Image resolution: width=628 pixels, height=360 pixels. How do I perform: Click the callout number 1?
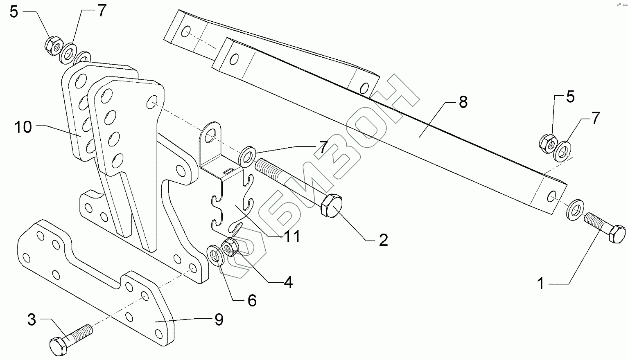[541, 283]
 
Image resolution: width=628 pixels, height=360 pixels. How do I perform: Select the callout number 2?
[383, 240]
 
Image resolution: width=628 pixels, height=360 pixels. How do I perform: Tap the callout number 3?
[32, 319]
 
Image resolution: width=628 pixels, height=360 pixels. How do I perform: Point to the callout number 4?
[288, 282]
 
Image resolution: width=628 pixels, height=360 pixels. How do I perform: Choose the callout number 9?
[219, 319]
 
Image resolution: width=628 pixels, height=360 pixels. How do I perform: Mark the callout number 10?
[24, 127]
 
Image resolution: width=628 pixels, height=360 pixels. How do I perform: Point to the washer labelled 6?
[215, 255]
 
